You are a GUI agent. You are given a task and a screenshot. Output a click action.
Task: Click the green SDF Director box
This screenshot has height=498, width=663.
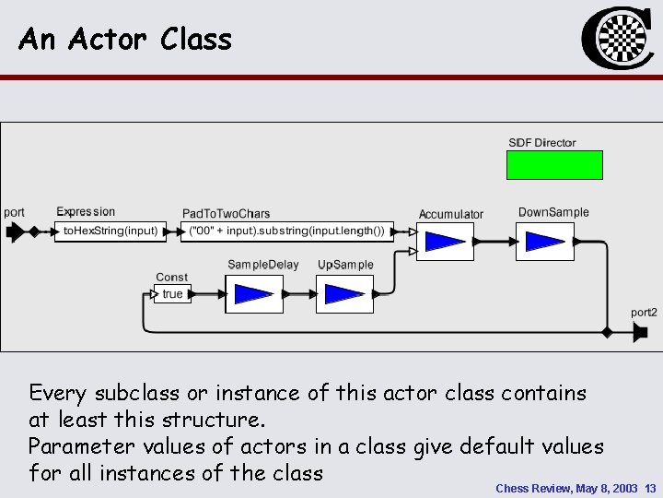[x=555, y=164]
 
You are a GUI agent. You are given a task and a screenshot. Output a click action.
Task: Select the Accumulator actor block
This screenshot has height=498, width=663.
[x=445, y=242]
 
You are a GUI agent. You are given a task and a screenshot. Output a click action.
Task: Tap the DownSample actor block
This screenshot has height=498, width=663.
[x=544, y=241]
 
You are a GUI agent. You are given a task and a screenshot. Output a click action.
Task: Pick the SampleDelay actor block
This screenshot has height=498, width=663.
[x=253, y=294]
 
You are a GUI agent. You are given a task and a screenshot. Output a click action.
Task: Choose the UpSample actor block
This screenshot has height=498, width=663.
[x=344, y=294]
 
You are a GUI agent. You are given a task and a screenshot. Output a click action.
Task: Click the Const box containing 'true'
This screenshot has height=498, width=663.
[x=173, y=294]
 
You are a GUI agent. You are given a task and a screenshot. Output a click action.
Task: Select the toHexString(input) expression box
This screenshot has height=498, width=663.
[x=110, y=231]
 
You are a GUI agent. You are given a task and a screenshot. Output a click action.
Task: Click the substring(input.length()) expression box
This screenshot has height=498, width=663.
[x=286, y=231]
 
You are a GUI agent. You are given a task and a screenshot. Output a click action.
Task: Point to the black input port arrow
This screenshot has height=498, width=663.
[x=15, y=231]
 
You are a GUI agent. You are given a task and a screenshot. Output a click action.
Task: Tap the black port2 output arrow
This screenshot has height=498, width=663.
[x=640, y=332]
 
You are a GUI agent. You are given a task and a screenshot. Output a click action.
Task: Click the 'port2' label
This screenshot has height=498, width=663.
[x=644, y=313]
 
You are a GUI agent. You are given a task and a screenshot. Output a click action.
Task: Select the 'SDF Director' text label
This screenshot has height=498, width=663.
[x=542, y=143]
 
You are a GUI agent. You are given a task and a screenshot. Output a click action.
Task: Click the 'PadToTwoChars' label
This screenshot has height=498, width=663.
[x=227, y=213]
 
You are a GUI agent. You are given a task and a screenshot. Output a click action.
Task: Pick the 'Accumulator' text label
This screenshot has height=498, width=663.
[x=451, y=214]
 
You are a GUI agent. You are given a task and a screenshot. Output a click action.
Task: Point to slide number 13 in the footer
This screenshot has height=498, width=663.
[x=650, y=488]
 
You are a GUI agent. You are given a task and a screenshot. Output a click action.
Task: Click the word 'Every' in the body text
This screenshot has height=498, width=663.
[x=56, y=394]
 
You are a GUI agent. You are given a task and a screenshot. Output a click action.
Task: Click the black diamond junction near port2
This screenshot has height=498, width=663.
[x=607, y=331]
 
